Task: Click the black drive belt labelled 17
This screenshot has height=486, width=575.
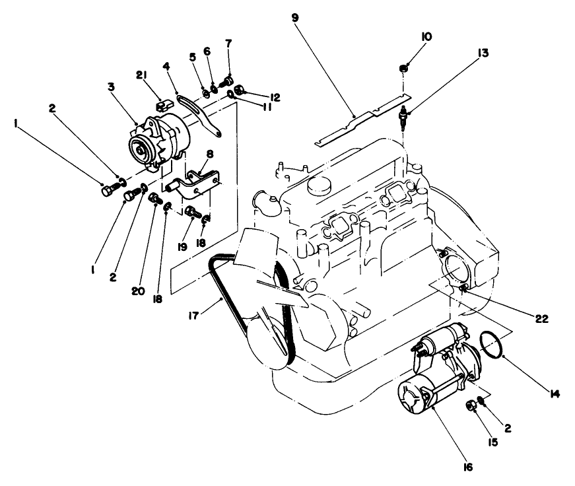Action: pyautogui.click(x=218, y=277)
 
